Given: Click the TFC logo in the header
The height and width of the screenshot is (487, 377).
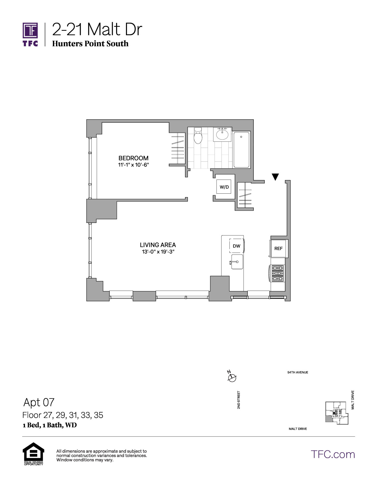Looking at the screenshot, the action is [x=30, y=34].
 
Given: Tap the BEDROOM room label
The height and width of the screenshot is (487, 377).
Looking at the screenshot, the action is [x=133, y=158].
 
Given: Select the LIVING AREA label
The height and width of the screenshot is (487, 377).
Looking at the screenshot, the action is [x=158, y=245].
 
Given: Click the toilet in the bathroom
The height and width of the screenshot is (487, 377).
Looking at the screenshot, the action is [x=198, y=136].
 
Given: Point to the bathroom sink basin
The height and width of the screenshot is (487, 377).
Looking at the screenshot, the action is [x=222, y=134].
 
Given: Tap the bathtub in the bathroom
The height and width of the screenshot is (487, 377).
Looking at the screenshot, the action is [x=241, y=149].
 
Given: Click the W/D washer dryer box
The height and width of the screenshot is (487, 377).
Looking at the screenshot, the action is [x=224, y=187].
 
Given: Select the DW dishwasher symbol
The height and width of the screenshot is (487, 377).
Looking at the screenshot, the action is [x=237, y=246].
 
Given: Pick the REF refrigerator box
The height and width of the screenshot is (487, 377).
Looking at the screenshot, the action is [x=278, y=248].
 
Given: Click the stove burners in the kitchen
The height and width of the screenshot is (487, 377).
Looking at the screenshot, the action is [x=278, y=273].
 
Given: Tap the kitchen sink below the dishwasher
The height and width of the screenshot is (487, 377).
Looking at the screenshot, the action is [x=237, y=262].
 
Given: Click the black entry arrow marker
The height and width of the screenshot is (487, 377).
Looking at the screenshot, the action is [x=275, y=177].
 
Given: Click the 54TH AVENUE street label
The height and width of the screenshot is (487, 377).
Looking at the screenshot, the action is [x=298, y=372].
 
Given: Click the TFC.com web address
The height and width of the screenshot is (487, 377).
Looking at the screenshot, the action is [x=333, y=454].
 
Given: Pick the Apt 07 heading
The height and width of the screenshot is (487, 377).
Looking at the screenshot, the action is [x=39, y=402].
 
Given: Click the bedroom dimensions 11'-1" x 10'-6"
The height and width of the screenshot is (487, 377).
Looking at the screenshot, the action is [x=133, y=165].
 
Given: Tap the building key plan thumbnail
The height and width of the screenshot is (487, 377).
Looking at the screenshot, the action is [x=337, y=413].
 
